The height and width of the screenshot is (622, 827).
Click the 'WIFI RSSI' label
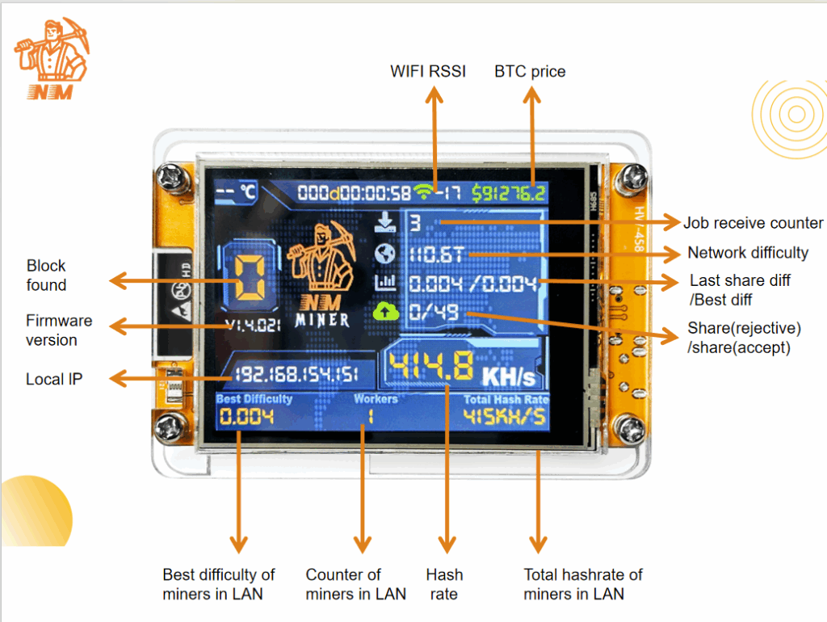pyautogui.click(x=428, y=71)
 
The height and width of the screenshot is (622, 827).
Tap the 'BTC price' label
pyautogui.click(x=530, y=71)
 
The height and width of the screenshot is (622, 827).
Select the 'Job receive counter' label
pyautogui.click(x=753, y=223)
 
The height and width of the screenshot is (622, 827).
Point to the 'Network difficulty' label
pyautogui.click(x=747, y=253)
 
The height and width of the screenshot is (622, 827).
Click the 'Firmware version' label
pyautogui.click(x=59, y=330)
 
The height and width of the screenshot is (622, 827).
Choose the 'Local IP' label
pyautogui.click(x=54, y=379)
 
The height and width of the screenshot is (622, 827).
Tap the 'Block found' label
pyautogui.click(x=46, y=275)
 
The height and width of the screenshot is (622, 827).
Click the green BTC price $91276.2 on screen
pyautogui.click(x=509, y=193)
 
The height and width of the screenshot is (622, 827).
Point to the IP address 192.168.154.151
pyautogui.click(x=297, y=375)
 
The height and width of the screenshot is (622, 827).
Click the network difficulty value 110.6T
pyautogui.click(x=436, y=255)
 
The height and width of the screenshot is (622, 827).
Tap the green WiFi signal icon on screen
pyautogui.click(x=423, y=192)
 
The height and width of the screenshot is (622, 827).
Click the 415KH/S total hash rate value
pyautogui.click(x=504, y=417)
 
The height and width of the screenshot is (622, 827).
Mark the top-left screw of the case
pyautogui.click(x=171, y=174)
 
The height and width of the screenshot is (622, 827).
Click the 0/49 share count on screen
pyautogui.click(x=433, y=311)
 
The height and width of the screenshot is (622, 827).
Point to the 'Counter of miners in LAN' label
pyautogui.click(x=355, y=584)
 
